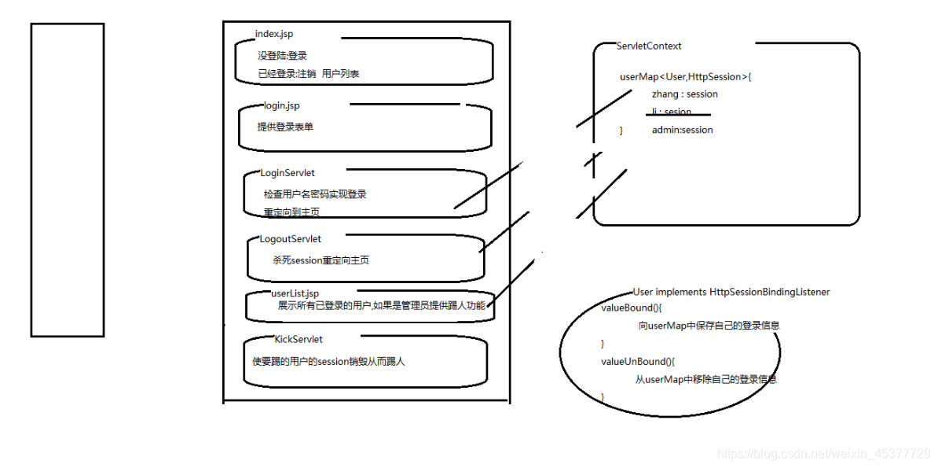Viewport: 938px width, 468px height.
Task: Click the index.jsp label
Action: [274, 34]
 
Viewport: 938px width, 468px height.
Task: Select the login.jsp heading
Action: [282, 105]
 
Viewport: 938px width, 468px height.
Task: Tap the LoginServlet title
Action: [288, 173]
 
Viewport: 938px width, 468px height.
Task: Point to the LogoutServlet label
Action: [290, 239]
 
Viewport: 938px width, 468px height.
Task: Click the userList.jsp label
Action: [295, 293]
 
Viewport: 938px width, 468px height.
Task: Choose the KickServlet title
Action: [299, 340]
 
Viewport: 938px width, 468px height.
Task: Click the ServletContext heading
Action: [649, 46]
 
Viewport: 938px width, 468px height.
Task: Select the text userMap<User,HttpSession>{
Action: [686, 77]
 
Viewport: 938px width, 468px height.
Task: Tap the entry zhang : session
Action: [684, 94]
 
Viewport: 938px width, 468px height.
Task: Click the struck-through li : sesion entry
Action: [672, 112]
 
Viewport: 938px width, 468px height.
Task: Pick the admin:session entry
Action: [682, 130]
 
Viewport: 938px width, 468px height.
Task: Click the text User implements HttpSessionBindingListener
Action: [731, 292]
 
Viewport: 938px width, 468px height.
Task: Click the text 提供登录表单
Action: [285, 127]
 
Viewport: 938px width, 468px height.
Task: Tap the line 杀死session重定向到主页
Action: [321, 260]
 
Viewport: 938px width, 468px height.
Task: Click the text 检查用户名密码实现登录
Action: [315, 194]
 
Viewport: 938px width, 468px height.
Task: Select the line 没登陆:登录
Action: [282, 57]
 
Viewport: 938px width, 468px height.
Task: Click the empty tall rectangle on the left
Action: [68, 179]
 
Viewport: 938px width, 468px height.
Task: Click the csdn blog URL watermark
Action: [823, 454]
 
